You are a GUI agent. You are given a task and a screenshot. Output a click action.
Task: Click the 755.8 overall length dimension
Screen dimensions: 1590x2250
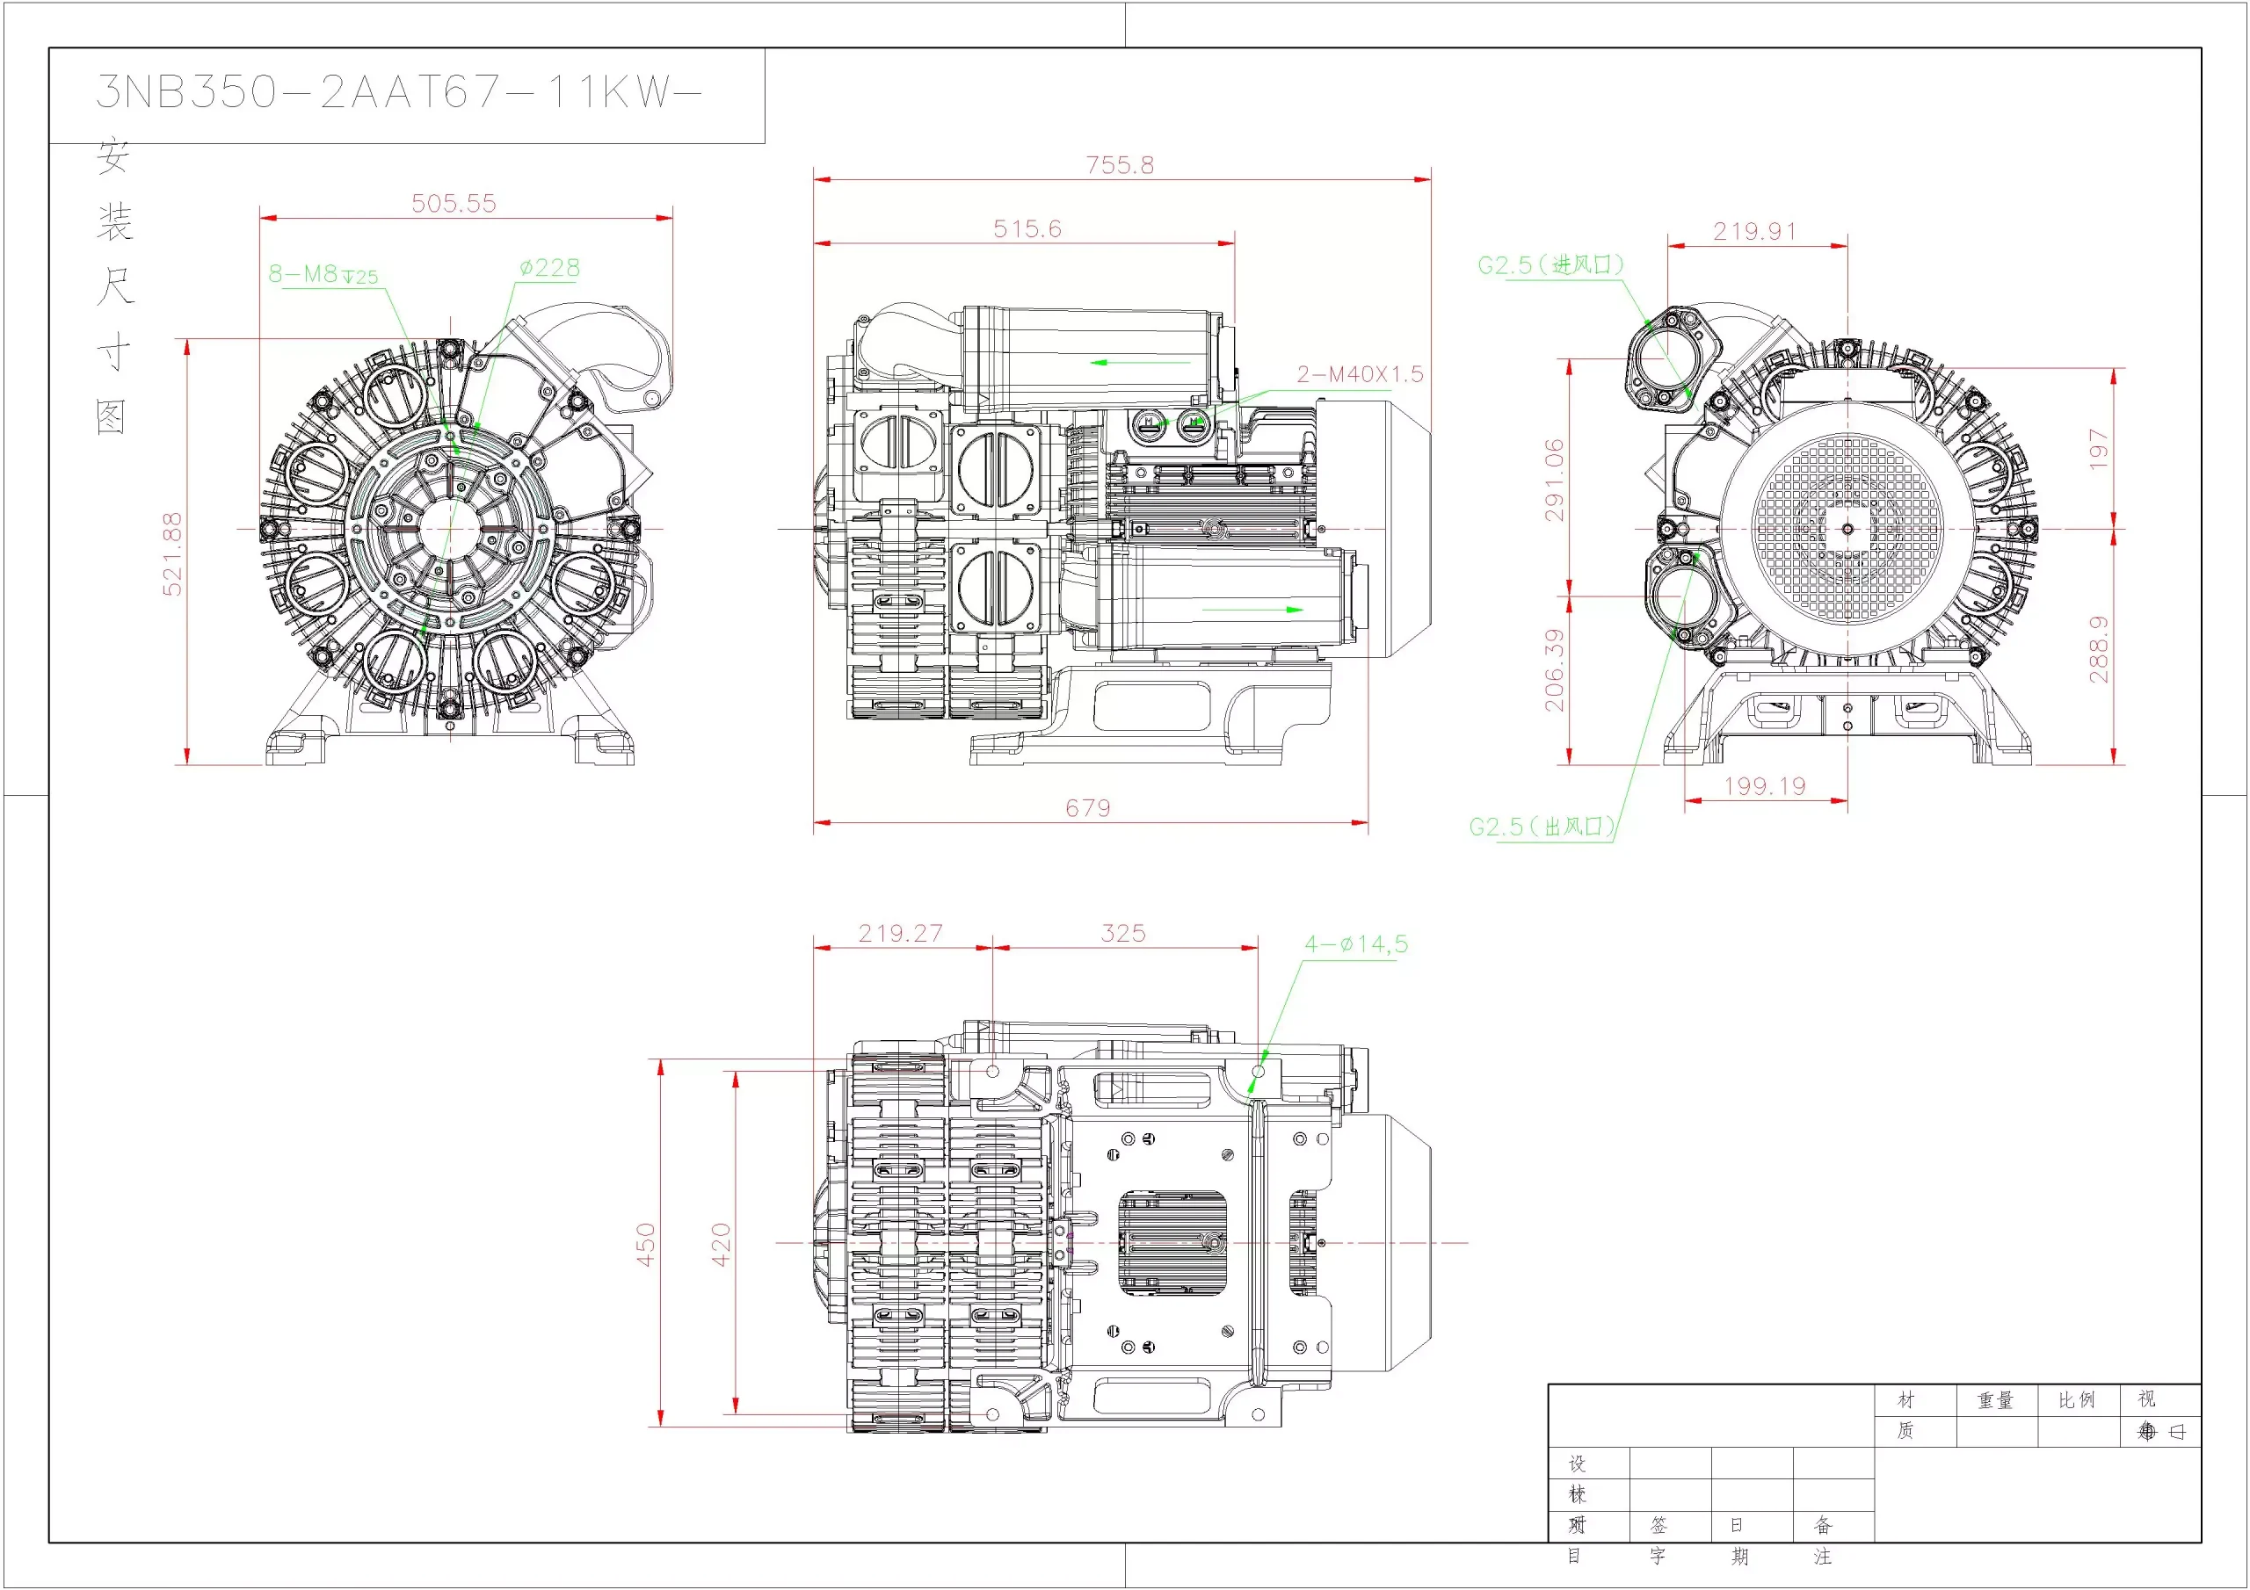[x=1119, y=164]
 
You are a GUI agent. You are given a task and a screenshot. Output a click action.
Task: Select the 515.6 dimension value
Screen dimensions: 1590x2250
[x=1027, y=229]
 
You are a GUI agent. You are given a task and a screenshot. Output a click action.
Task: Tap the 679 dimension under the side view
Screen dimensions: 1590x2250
[x=1088, y=808]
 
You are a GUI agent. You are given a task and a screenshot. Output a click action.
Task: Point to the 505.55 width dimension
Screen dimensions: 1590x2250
[x=454, y=204]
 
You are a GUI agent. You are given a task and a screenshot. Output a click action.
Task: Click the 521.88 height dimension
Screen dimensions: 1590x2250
[x=172, y=553]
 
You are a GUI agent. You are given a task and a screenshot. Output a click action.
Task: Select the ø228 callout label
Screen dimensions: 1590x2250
[x=550, y=269]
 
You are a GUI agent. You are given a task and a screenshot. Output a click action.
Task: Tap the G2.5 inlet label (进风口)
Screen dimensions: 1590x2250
[x=1550, y=265]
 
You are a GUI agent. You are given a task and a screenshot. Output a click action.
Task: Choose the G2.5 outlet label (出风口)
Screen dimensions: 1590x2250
[x=1542, y=827]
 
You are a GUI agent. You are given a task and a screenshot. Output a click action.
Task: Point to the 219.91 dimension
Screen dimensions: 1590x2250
[x=1754, y=232]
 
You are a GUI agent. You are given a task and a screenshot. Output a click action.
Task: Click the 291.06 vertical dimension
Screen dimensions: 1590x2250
[x=1555, y=480]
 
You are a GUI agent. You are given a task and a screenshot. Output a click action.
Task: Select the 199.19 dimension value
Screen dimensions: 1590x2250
[x=1764, y=787]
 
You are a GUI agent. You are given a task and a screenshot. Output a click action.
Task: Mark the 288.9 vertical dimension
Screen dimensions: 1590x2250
[x=2098, y=648]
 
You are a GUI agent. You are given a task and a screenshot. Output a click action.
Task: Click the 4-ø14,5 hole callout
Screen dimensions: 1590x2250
[x=1355, y=944]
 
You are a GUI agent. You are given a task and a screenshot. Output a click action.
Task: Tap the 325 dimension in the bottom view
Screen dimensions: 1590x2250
[x=1123, y=934]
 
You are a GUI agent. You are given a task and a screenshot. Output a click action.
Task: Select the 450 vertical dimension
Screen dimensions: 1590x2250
[x=646, y=1244]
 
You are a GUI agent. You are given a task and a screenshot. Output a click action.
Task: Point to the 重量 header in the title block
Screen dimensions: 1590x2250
[x=1995, y=1401]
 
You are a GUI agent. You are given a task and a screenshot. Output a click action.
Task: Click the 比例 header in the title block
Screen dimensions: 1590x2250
[x=2077, y=1401]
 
